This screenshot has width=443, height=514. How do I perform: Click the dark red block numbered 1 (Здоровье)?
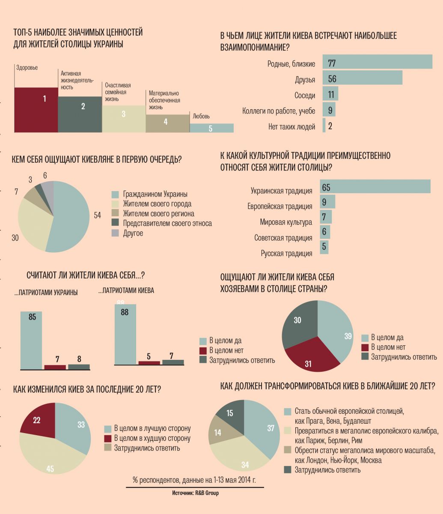tap(36, 110)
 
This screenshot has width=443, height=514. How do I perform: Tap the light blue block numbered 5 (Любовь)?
tap(211, 128)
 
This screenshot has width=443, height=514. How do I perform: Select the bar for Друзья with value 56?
tap(362, 78)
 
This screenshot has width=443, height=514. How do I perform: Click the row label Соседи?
tap(305, 96)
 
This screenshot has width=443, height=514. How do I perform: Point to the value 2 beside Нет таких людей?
tap(330, 126)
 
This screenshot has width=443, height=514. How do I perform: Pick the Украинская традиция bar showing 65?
tap(375, 187)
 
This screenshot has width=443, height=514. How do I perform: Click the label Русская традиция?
tap(286, 254)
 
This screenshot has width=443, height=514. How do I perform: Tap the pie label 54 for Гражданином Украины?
tap(97, 215)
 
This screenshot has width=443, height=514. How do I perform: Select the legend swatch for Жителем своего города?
tap(115, 204)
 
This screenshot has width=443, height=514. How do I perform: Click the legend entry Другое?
tap(133, 233)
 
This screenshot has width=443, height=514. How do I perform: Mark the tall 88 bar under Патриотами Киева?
tap(125, 334)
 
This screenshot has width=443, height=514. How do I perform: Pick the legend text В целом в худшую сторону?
tap(152, 438)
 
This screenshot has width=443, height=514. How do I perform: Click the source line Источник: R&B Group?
tap(195, 493)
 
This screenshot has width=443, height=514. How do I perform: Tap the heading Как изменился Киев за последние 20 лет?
tap(87, 389)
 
